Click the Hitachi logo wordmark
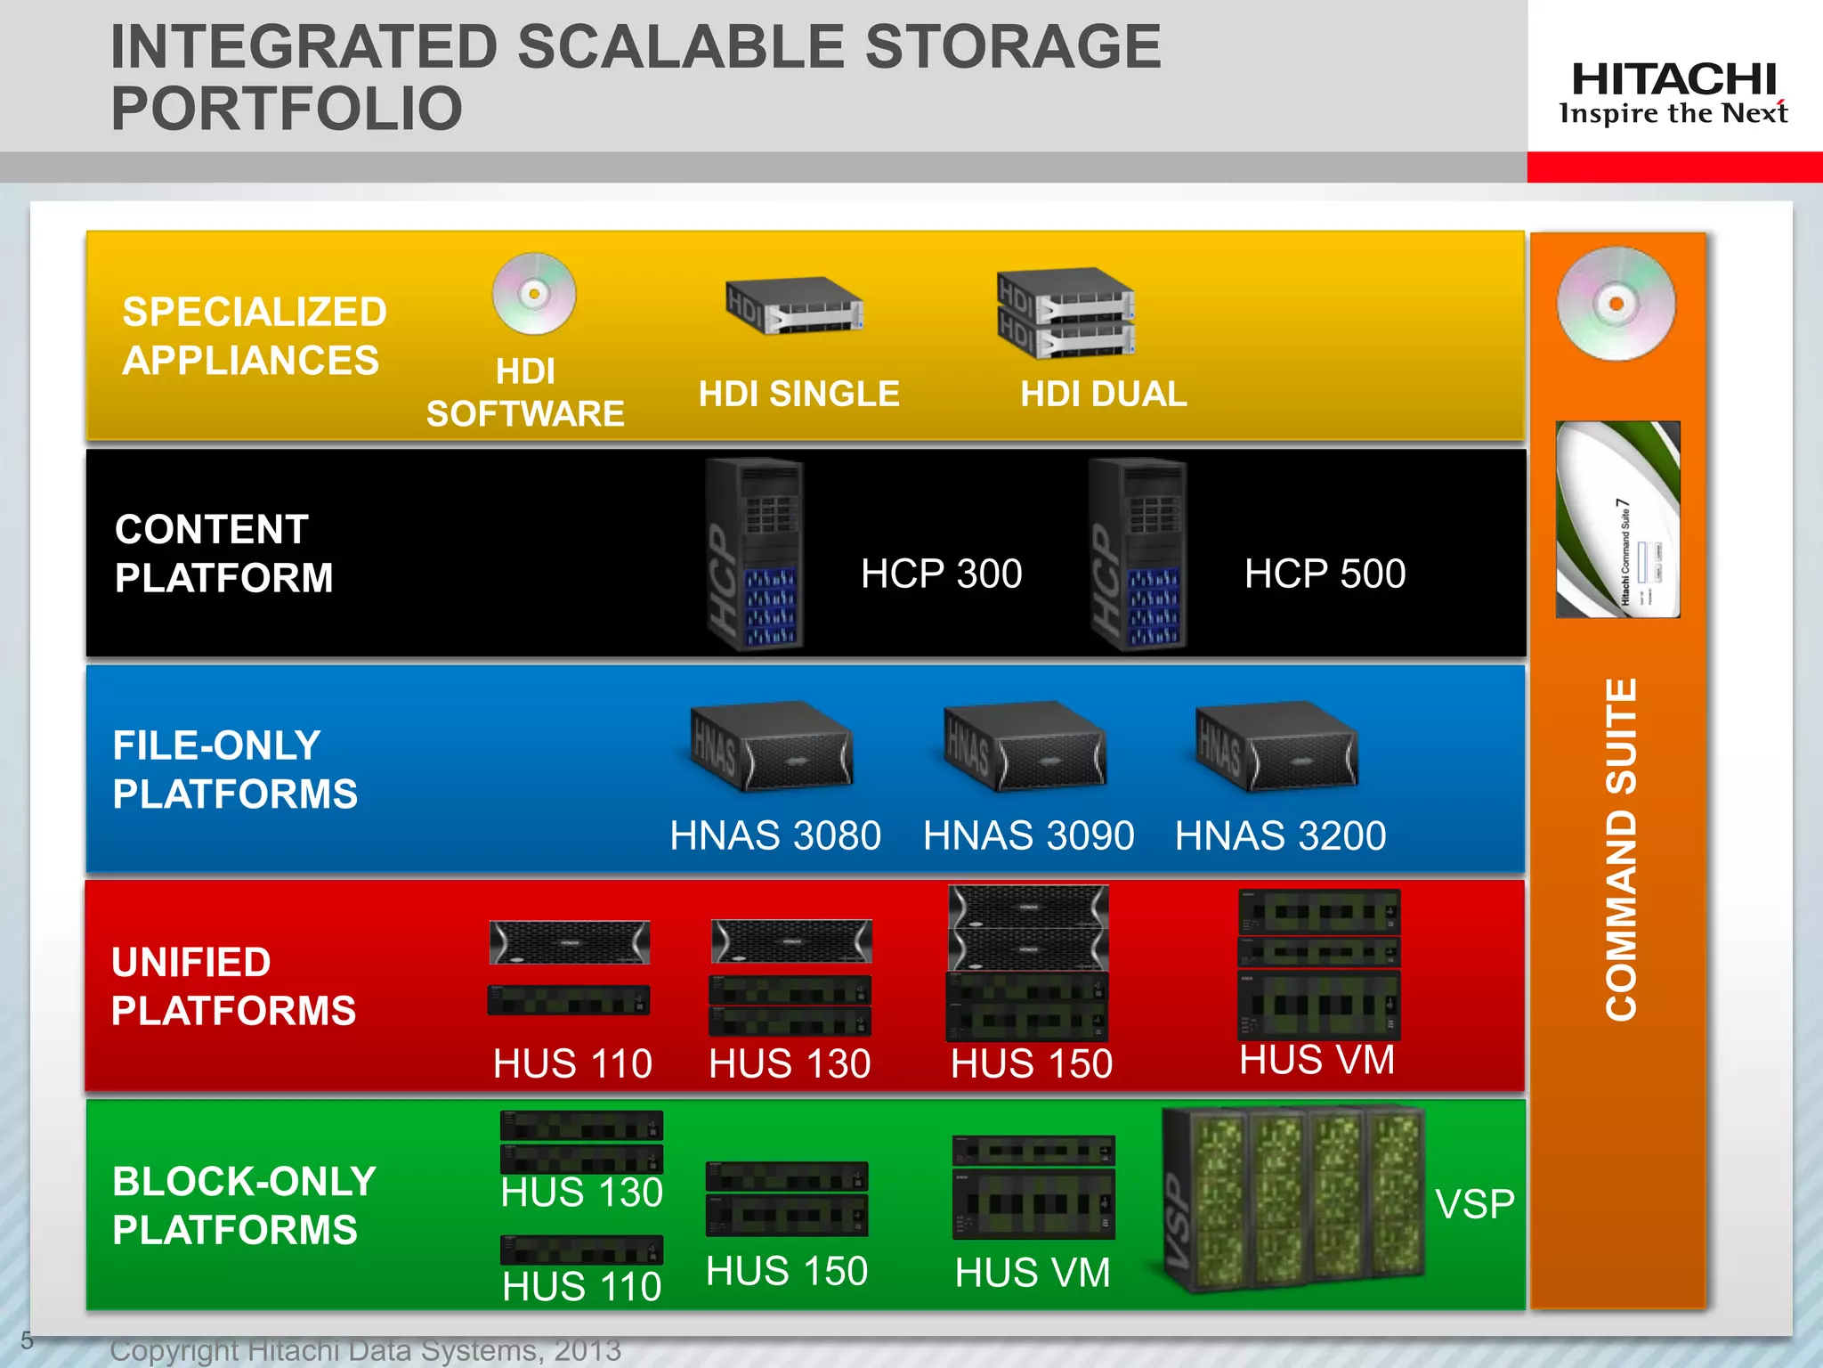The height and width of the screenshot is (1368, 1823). click(1673, 79)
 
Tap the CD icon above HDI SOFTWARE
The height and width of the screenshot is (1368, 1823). click(534, 294)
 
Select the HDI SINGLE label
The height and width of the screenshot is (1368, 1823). click(798, 394)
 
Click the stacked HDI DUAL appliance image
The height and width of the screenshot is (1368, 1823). click(1065, 313)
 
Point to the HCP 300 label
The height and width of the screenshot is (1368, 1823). click(941, 574)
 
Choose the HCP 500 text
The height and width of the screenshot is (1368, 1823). click(1325, 574)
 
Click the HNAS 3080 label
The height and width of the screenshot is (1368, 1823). click(774, 835)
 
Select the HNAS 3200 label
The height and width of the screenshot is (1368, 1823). click(1280, 835)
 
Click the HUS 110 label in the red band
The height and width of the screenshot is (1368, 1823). click(572, 1063)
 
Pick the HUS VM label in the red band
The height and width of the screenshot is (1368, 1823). click(1317, 1060)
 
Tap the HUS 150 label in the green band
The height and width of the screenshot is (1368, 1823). click(786, 1271)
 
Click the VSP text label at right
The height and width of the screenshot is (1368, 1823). click(1474, 1204)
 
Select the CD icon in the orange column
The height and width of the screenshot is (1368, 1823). click(1616, 304)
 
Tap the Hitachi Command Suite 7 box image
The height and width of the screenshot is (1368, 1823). click(1617, 519)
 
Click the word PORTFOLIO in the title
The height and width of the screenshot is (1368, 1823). click(287, 109)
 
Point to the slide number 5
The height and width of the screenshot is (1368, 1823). click(27, 1340)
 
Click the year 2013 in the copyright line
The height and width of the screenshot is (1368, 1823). click(587, 1350)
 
